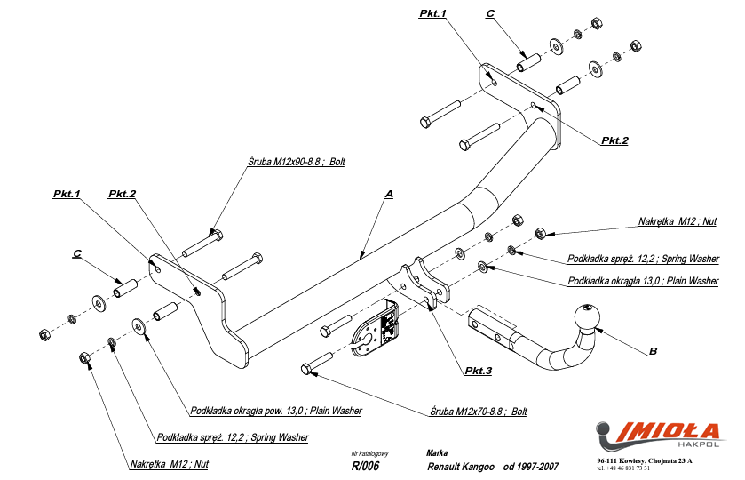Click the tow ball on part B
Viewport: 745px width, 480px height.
point(587,318)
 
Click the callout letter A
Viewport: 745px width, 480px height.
point(389,193)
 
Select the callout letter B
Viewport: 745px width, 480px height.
point(654,351)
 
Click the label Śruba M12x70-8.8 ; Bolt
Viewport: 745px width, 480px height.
point(479,412)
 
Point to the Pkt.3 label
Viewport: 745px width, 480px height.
point(477,371)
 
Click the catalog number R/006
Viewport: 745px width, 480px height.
point(365,465)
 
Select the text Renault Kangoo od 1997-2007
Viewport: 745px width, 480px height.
point(493,465)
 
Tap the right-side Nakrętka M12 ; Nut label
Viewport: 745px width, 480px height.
point(677,221)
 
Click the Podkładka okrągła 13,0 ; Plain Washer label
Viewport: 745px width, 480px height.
point(643,281)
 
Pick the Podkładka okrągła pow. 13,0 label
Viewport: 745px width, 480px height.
point(276,411)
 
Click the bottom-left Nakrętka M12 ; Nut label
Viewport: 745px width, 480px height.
point(169,464)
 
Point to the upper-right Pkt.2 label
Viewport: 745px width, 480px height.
point(614,140)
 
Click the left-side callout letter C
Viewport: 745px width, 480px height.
point(77,254)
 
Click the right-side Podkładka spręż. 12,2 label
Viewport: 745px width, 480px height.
point(643,260)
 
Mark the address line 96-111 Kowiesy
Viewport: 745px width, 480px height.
point(645,460)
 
